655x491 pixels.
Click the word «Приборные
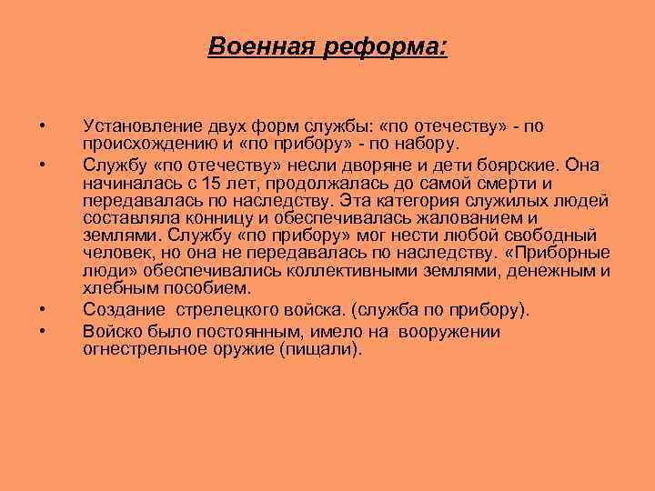[x=562, y=254]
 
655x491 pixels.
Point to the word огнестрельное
[x=140, y=349]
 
